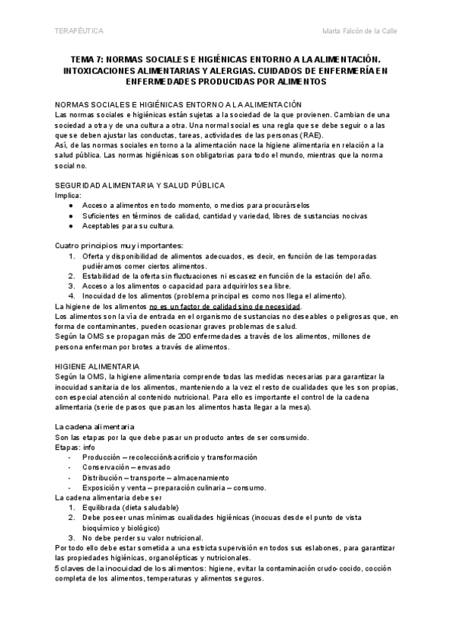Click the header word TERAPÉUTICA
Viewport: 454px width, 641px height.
pyautogui.click(x=80, y=31)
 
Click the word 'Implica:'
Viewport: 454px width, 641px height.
pyautogui.click(x=70, y=195)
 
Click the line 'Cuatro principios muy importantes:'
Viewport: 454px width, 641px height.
pyautogui.click(x=120, y=246)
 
